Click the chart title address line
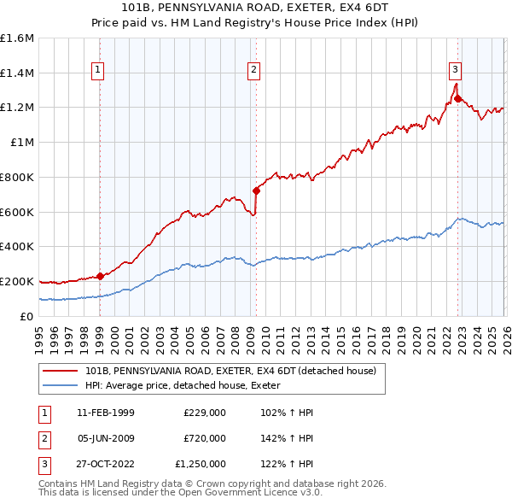[x=256, y=8]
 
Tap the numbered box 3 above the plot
[x=456, y=70]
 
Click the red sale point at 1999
[x=100, y=276]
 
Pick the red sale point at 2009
[x=256, y=190]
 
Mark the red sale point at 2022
[x=457, y=98]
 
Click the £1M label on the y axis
[x=22, y=143]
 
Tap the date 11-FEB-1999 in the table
[x=104, y=413]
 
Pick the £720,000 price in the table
[x=204, y=438]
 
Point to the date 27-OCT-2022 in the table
[x=104, y=464]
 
